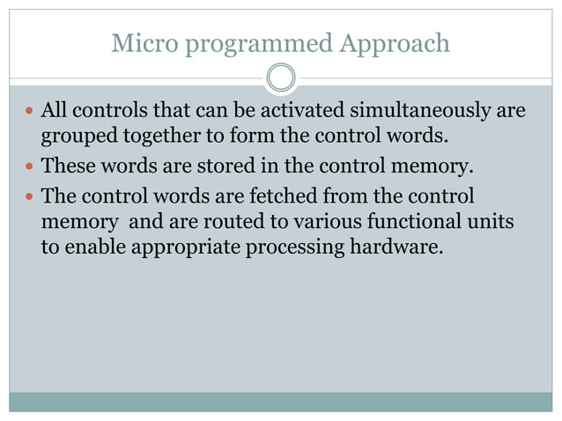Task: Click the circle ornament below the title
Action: click(281, 78)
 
